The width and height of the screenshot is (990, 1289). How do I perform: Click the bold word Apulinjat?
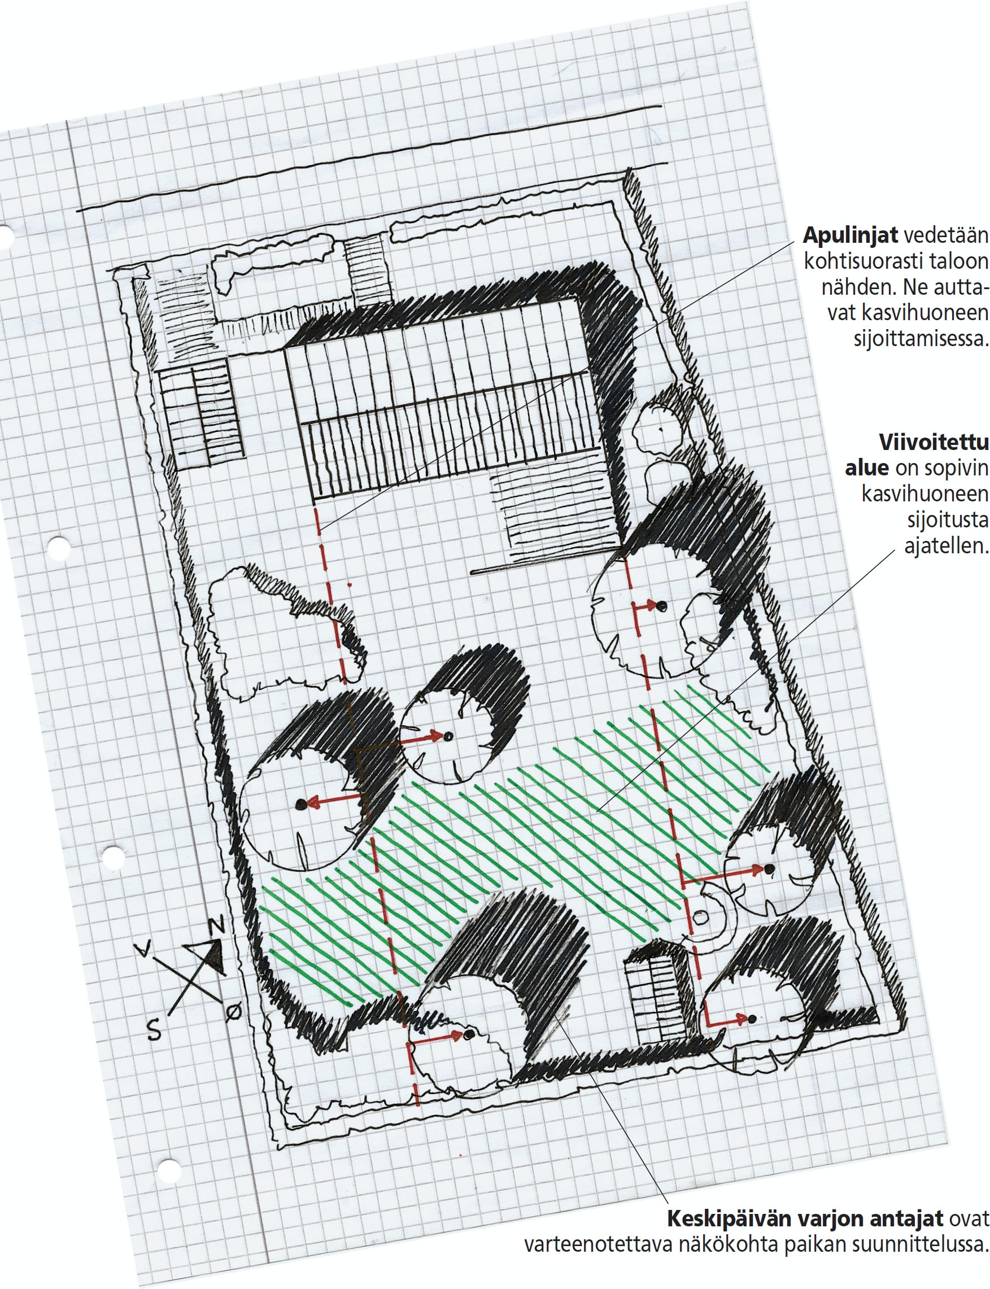point(851,236)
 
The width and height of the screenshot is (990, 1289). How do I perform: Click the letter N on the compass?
point(216,927)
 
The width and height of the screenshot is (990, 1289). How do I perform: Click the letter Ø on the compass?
point(233,1013)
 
